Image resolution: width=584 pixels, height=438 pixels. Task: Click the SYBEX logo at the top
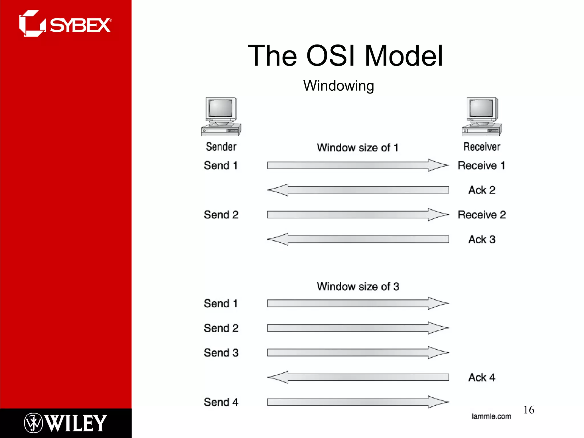tap(65, 24)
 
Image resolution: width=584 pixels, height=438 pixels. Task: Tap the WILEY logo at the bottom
tap(66, 423)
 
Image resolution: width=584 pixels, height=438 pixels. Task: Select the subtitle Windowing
tap(338, 86)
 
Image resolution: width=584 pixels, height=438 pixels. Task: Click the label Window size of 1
tap(357, 148)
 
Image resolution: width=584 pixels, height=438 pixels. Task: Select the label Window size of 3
tap(358, 287)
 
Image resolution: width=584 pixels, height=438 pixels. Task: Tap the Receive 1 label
tap(481, 165)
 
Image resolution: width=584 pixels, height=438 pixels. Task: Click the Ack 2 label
tap(482, 190)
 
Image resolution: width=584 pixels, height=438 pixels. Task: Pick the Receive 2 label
tap(482, 215)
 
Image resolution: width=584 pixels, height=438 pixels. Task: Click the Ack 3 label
tap(482, 239)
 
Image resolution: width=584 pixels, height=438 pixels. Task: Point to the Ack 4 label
tap(482, 377)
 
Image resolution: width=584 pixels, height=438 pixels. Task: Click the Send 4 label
tap(221, 402)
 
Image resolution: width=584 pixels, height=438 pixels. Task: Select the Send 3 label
tap(221, 353)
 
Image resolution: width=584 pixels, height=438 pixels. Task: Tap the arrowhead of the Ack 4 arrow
tap(277, 377)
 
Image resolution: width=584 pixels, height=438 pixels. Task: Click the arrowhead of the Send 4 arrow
tap(438, 402)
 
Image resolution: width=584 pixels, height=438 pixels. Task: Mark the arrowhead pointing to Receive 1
tap(438, 165)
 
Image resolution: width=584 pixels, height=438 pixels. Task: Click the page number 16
tap(529, 410)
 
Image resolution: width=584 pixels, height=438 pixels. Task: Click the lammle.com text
tap(491, 416)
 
